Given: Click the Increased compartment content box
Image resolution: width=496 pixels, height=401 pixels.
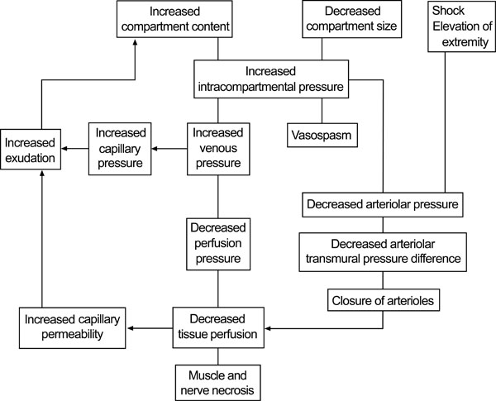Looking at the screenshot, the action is coord(174,19).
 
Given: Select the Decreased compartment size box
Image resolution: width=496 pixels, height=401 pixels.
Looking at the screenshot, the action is coord(352,19).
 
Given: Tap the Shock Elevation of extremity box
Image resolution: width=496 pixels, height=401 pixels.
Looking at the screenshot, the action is coord(461,26).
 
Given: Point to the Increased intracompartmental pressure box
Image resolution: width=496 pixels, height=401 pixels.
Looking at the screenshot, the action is coord(271,79).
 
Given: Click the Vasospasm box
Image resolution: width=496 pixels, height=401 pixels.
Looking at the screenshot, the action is coord(322,135).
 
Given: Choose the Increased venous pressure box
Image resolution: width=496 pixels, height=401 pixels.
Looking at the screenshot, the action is coord(218,149).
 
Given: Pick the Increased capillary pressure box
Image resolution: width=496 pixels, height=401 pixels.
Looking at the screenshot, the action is coord(120,149).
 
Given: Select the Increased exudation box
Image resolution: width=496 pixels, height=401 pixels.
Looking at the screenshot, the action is coord(31,149).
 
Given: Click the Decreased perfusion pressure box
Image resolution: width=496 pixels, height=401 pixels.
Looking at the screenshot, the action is coord(218,244).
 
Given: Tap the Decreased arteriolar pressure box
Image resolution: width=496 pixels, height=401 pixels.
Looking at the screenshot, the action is coord(383,204).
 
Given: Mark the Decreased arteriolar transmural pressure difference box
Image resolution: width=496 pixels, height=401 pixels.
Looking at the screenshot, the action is coord(383,252).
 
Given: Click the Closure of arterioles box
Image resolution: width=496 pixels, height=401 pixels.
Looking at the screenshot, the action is coord(383,300).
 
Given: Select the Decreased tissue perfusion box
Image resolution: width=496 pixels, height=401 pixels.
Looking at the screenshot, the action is coord(218,327).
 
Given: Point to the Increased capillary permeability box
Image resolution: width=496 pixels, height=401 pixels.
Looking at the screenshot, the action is coord(73,328).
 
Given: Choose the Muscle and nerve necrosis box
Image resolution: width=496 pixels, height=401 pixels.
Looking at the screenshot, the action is coord(218,383).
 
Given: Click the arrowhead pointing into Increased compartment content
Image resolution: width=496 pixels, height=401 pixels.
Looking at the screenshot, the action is coord(135,41).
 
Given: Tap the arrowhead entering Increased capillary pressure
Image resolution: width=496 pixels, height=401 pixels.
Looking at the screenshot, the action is coord(155,149).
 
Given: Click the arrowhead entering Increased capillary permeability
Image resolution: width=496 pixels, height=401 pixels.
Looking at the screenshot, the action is coord(130,328).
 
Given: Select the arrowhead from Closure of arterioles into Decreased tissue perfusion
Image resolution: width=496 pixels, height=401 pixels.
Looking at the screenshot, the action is coord(268,328).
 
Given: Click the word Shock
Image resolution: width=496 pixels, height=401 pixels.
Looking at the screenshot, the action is coord(448,11).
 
